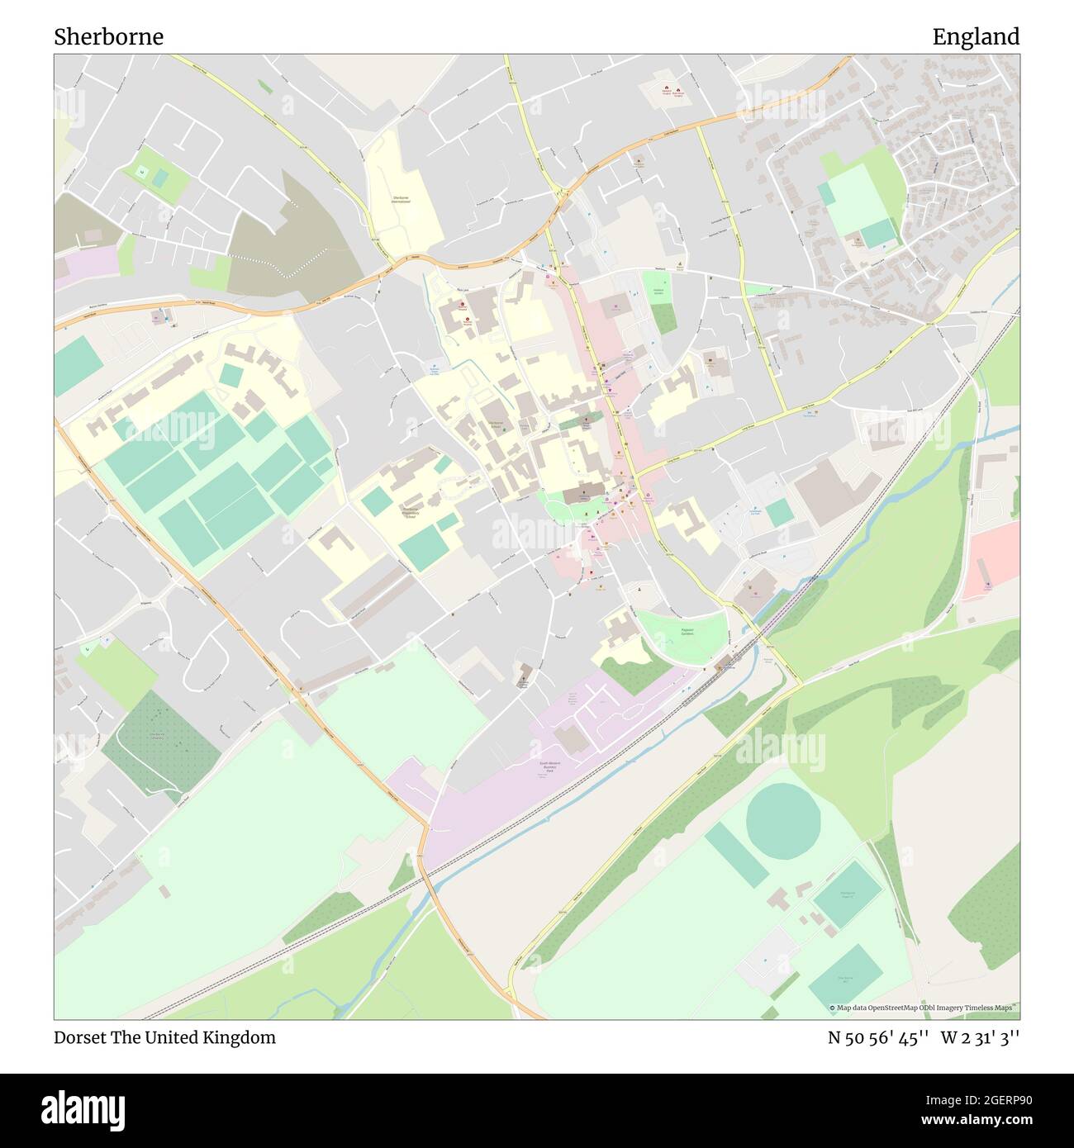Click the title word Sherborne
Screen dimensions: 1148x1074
point(108,36)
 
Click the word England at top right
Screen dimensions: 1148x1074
point(975,36)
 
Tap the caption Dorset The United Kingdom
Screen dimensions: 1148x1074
point(164,1037)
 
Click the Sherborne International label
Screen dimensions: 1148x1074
point(401,200)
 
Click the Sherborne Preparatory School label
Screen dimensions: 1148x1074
point(413,511)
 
